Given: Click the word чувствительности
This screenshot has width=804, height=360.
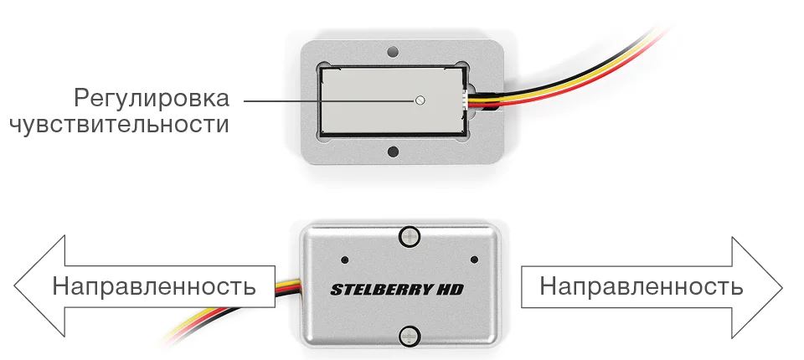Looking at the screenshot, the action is coord(119,125).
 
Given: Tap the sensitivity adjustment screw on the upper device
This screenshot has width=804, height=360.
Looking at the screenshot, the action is coord(420,100).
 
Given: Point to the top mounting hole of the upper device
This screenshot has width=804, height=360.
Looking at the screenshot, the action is coord(393,52).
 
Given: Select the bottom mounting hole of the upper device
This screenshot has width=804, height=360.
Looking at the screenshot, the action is coord(393,152).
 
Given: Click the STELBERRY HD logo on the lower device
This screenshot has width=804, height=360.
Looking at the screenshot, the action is coord(397,289).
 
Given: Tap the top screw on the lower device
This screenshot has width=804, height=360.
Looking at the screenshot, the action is coord(410,236).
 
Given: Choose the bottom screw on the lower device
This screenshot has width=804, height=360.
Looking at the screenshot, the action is coord(410,336).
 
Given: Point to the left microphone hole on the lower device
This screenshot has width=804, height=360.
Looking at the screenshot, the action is coord(344,260).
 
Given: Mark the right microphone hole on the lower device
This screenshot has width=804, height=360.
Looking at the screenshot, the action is coord(474,260).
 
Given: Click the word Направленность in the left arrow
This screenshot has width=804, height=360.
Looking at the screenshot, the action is coord(154,286).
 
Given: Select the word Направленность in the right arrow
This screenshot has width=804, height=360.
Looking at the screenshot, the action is coord(641,286).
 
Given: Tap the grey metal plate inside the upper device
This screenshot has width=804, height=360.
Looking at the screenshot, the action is coord(394,100).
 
